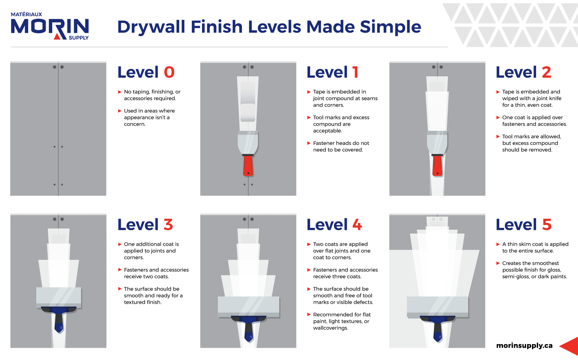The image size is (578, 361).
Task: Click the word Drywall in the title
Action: point(151,27)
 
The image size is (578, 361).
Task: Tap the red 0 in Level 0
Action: point(169,72)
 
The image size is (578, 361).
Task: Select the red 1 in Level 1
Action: point(355,72)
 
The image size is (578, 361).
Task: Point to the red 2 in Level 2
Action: point(546,72)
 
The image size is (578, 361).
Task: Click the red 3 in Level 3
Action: point(168,225)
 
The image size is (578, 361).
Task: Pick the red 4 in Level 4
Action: point(357,225)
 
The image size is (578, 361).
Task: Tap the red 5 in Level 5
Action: point(547,225)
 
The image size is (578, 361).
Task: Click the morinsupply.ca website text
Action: point(524,345)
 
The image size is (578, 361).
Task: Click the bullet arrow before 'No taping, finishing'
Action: point(120,92)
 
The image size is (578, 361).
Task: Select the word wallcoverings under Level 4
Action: point(331,328)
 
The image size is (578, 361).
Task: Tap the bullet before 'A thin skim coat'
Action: point(498,244)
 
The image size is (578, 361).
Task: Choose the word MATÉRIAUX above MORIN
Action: point(26,14)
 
